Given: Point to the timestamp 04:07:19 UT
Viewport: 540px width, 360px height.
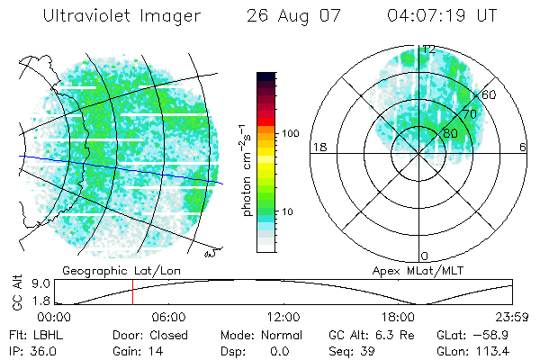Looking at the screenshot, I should [441, 16].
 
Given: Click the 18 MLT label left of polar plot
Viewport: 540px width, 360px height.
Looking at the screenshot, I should [318, 147].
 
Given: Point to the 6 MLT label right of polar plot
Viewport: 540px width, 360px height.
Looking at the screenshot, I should [523, 147].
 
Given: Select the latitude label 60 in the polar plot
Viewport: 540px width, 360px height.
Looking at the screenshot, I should [490, 94].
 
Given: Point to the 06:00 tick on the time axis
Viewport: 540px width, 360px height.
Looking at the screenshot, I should [168, 317].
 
